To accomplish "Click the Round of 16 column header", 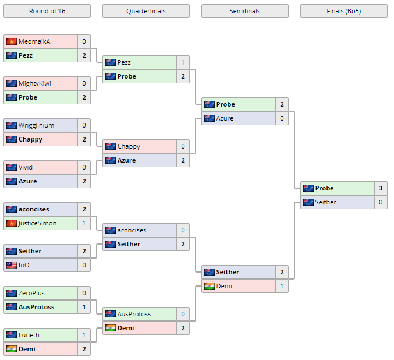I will (x=47, y=11).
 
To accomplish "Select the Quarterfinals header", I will (x=145, y=11).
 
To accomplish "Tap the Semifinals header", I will (x=244, y=11).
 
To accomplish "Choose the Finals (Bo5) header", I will (x=343, y=11).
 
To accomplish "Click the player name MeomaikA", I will (x=34, y=41).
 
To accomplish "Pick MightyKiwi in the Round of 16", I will (x=34, y=83).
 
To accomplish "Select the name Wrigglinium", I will (x=36, y=125).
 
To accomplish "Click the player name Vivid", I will (x=26, y=167).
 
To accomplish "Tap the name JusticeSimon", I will (x=37, y=223).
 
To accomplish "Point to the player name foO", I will (x=24, y=265).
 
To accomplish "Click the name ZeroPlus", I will (x=31, y=293).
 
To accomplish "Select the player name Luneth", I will (x=29, y=335).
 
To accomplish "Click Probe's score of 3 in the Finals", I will (x=381, y=188).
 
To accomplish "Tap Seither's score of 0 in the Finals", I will (x=381, y=202).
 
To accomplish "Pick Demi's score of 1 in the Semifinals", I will (x=282, y=286).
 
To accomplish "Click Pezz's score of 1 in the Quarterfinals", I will (x=183, y=62).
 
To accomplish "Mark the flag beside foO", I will (x=12, y=265).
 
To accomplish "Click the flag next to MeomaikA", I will (x=12, y=41).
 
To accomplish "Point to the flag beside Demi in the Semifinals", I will (x=210, y=286).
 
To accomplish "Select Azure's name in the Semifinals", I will (x=225, y=118).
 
